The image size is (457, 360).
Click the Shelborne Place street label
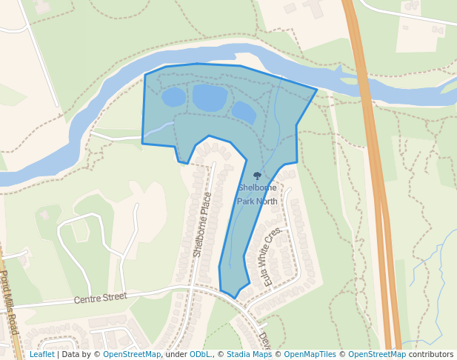[x=208, y=224]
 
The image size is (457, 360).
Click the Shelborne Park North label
[x=257, y=194]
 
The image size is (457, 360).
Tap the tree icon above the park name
[x=257, y=176]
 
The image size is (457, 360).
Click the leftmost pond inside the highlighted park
[x=173, y=97]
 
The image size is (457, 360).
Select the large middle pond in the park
[x=210, y=97]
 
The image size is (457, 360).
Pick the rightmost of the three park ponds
[x=244, y=113]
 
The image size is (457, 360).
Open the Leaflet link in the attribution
[x=41, y=355]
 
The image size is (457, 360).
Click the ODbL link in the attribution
[x=199, y=355]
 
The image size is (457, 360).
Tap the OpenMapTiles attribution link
[x=312, y=355]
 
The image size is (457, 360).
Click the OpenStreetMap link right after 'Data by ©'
[x=132, y=355]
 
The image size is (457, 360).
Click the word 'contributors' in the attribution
[x=431, y=355]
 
